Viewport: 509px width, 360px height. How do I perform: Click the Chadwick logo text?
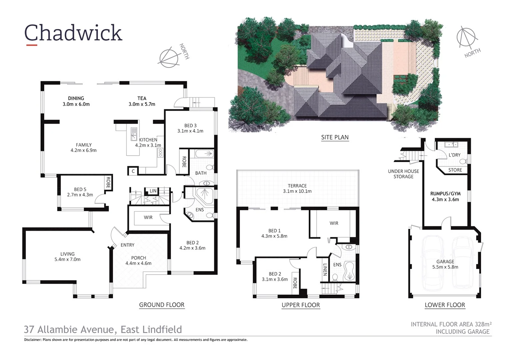73,33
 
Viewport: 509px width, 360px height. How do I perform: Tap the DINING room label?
76,98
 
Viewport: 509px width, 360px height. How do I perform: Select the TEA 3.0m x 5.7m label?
142,101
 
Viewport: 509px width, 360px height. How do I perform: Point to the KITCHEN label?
148,140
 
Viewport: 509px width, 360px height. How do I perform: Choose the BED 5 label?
80,189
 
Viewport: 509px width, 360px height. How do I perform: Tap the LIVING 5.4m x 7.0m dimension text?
67,259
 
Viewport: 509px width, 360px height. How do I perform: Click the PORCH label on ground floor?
139,258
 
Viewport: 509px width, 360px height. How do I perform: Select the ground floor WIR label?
148,217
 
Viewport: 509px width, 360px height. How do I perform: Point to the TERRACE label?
297,186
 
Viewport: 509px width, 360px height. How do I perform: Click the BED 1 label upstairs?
274,231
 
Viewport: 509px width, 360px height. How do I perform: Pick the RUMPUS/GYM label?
445,194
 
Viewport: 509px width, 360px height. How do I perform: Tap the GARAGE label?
445,262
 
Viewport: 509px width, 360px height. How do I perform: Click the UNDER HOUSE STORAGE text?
403,174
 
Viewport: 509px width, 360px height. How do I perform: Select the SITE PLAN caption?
335,137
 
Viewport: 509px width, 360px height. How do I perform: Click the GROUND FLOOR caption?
162,305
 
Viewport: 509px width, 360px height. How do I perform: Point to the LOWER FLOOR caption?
445,305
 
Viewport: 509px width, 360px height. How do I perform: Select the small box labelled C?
133,171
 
